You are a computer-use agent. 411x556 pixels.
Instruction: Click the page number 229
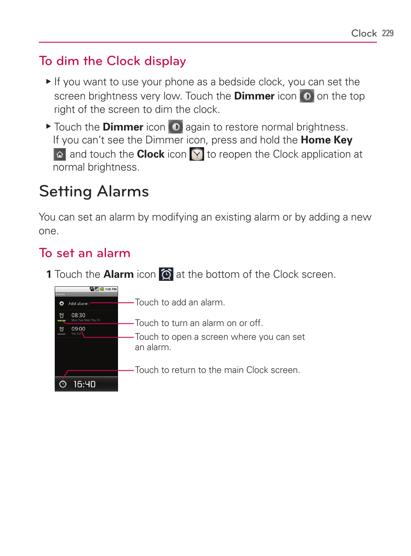click(387, 33)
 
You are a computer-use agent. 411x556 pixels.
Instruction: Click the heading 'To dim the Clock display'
click(112, 61)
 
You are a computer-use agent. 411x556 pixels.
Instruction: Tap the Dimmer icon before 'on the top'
click(307, 96)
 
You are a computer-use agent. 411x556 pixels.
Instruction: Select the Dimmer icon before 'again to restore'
click(175, 127)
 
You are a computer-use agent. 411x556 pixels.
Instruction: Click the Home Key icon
click(59, 154)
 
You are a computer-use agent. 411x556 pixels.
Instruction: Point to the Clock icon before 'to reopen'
click(197, 154)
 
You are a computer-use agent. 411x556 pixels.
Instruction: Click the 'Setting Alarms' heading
click(94, 191)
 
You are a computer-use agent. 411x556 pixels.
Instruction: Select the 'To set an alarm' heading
click(84, 253)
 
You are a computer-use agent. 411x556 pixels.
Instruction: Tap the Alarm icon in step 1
click(166, 274)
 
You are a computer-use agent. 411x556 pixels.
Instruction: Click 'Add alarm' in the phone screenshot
click(78, 304)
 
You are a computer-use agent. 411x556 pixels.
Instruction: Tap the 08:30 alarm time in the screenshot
click(78, 315)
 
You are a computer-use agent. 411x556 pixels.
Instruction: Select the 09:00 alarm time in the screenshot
click(78, 329)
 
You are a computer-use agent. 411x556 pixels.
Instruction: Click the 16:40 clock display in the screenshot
click(84, 384)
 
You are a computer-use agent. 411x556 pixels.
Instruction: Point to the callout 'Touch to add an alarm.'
click(180, 302)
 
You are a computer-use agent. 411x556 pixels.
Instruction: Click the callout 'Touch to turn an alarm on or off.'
click(199, 323)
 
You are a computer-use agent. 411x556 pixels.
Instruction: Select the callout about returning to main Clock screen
click(217, 370)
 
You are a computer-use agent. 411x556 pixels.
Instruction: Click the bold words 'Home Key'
click(327, 140)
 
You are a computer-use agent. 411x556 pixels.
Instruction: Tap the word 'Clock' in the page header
click(364, 33)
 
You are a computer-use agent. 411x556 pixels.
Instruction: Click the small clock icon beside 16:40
click(63, 384)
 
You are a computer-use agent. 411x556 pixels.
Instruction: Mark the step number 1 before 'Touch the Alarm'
click(49, 274)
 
